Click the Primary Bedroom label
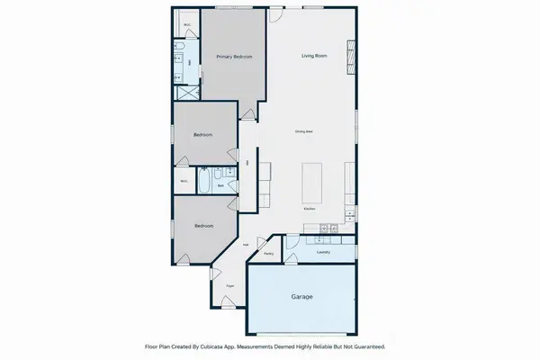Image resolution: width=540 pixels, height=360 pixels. point(233,57)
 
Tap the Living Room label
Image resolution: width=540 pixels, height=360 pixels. point(312,57)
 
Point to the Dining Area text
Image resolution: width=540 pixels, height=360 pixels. point(303,132)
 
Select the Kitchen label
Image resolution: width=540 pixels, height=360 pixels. point(309,208)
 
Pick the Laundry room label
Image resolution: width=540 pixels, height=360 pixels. point(323,252)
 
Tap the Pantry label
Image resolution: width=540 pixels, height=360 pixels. point(269,253)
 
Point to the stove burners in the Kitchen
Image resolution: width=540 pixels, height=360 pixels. point(328,230)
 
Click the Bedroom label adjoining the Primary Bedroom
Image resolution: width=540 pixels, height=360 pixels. point(203,135)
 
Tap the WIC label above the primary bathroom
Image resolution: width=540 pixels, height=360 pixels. point(186,24)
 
